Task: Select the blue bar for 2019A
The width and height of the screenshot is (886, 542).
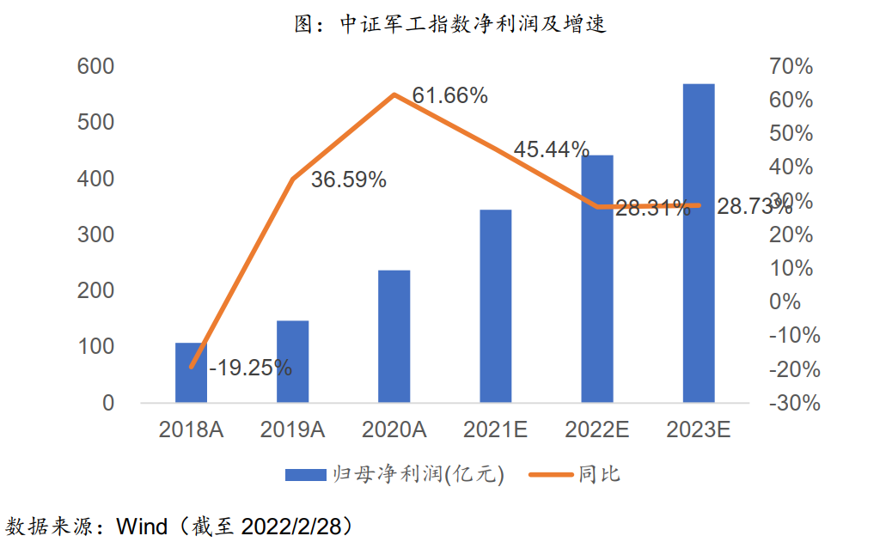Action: coord(292,362)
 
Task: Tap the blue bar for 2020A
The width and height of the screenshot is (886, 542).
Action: coord(394,336)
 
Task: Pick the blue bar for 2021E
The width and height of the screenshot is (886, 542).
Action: coord(495,306)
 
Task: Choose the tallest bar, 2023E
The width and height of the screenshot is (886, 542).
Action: coord(698,243)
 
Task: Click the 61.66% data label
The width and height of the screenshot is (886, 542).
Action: coord(450,96)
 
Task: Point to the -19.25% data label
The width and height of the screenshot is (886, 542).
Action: coord(250,368)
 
